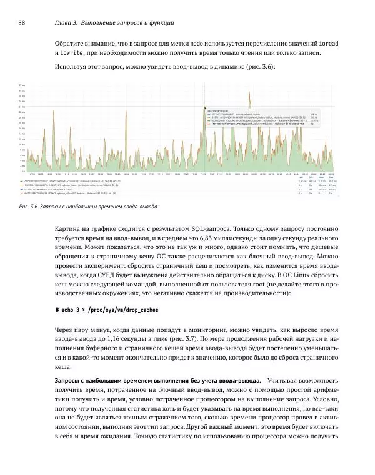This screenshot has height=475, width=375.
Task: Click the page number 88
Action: click(21, 23)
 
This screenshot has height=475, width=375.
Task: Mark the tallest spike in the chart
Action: click(249, 94)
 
